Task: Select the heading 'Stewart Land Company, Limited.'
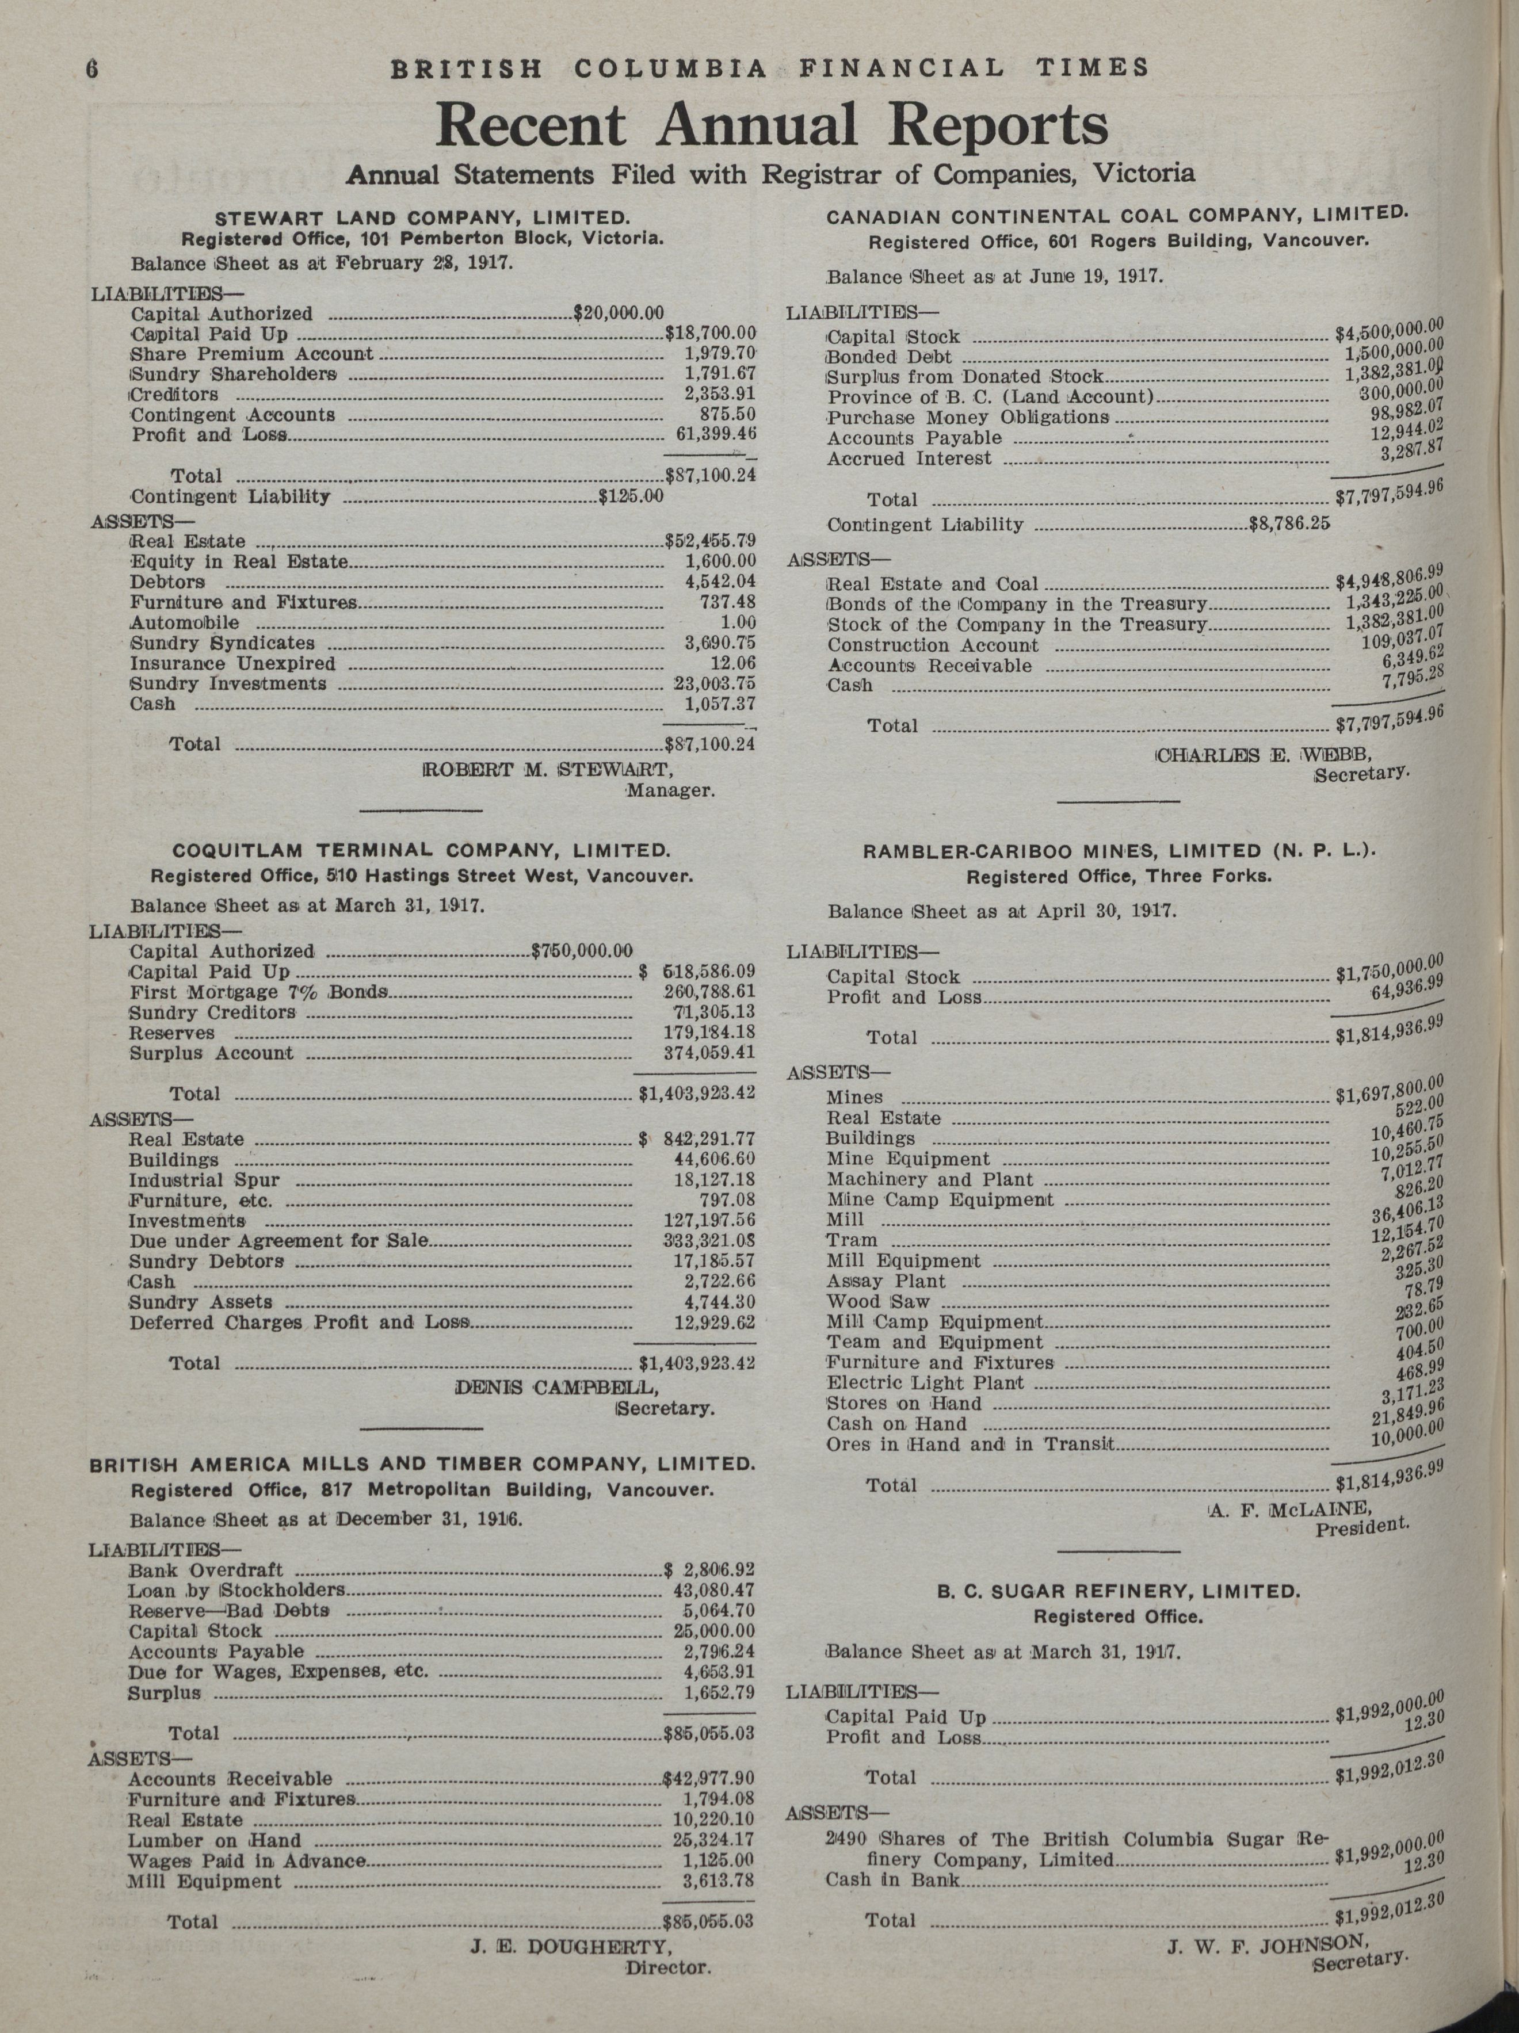422,219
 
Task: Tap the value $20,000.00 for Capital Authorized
618,314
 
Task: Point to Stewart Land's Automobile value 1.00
738,623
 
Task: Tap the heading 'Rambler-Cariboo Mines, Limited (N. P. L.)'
1118,852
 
